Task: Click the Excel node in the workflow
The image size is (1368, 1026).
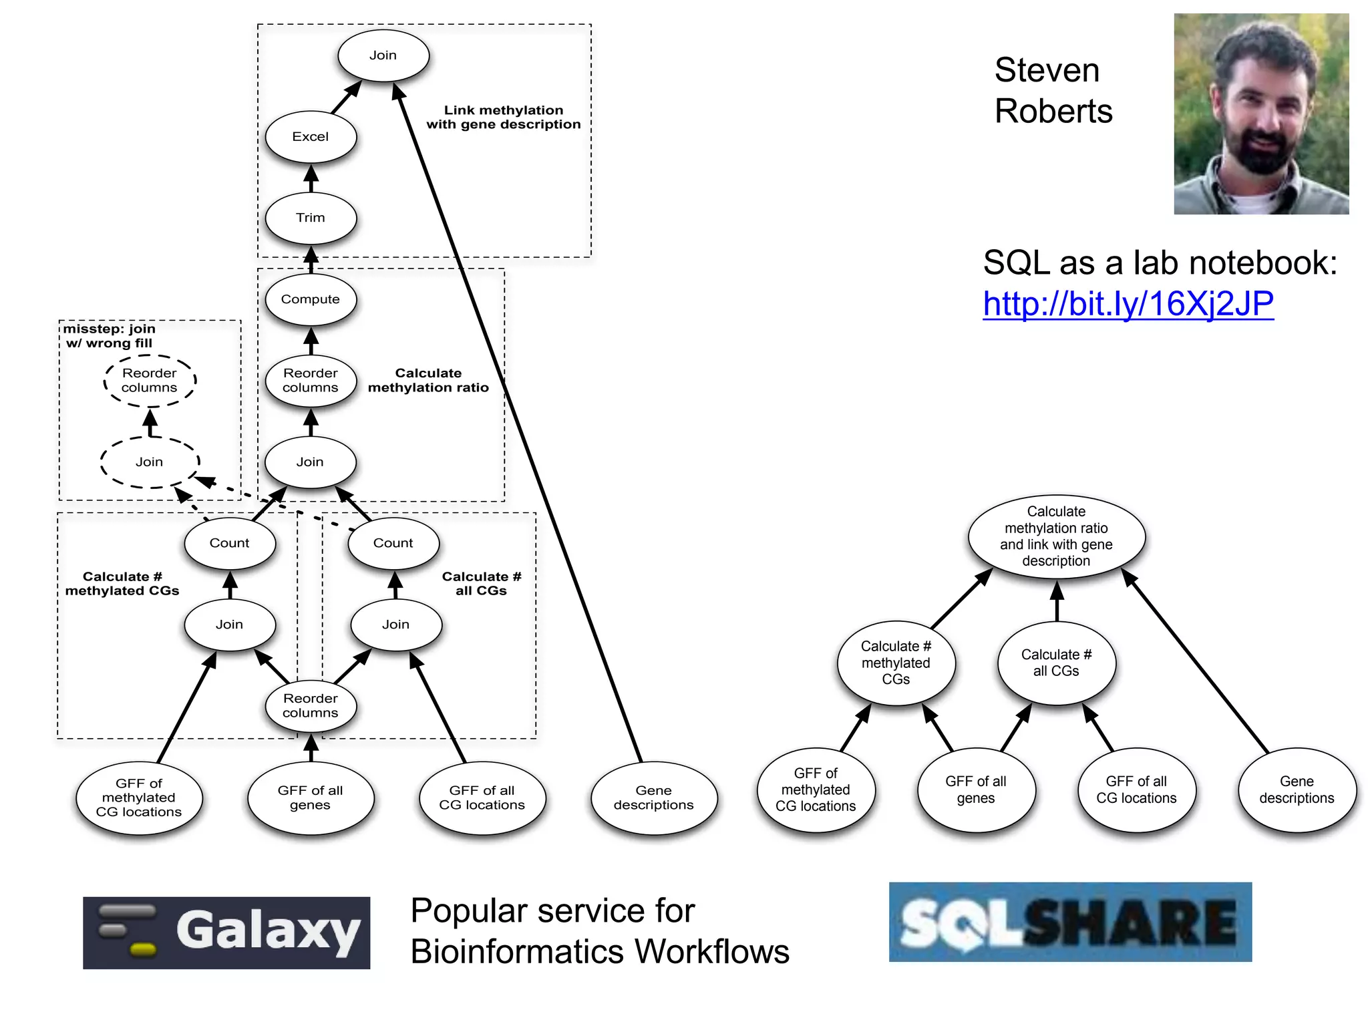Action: pyautogui.click(x=311, y=137)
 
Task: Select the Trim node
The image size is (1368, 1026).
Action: pyautogui.click(x=311, y=218)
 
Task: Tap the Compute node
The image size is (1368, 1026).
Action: pyautogui.click(x=311, y=299)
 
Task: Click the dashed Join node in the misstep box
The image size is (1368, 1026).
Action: pyautogui.click(x=150, y=462)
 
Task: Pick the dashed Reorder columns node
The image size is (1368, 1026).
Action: pyautogui.click(x=150, y=381)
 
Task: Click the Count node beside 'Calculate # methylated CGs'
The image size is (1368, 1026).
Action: pyautogui.click(x=230, y=543)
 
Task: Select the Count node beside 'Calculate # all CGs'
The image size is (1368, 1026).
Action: pyautogui.click(x=393, y=543)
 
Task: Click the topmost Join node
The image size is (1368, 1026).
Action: pyautogui.click(x=383, y=55)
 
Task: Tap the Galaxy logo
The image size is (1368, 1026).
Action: pyautogui.click(x=226, y=932)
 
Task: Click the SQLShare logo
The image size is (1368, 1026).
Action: pyautogui.click(x=1070, y=922)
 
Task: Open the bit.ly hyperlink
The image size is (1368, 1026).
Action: pyautogui.click(x=1128, y=304)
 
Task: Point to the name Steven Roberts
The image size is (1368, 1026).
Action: pyautogui.click(x=1053, y=90)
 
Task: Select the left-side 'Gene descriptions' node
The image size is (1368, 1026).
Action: pyautogui.click(x=654, y=798)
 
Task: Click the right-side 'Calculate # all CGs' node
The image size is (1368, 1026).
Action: pyautogui.click(x=1056, y=663)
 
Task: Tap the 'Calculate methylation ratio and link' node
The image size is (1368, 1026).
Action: pyautogui.click(x=1056, y=536)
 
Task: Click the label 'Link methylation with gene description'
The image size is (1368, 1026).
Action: pyautogui.click(x=504, y=118)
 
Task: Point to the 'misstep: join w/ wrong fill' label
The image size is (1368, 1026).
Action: pyautogui.click(x=110, y=336)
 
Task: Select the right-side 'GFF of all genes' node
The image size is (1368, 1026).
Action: pyautogui.click(x=976, y=790)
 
